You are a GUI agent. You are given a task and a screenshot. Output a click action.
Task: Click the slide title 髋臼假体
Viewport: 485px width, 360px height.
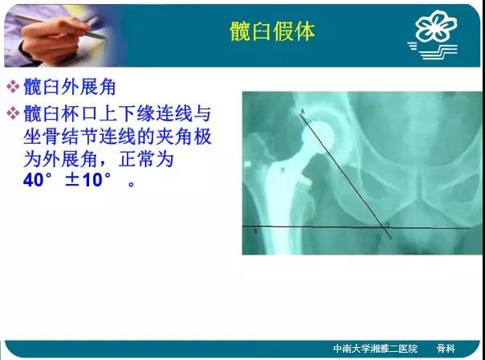pyautogui.click(x=272, y=31)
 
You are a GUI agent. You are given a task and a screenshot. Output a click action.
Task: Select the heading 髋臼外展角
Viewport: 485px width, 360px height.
pyautogui.click(x=70, y=87)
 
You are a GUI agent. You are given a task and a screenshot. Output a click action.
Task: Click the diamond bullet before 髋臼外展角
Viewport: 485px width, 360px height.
pyautogui.click(x=13, y=87)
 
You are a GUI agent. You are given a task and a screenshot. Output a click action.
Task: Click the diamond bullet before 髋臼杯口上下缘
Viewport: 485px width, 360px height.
pyautogui.click(x=13, y=113)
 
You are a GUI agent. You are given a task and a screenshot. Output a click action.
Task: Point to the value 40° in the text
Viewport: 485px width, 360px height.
pyautogui.click(x=38, y=180)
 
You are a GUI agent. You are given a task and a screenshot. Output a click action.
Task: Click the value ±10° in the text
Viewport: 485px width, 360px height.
pyautogui.click(x=88, y=180)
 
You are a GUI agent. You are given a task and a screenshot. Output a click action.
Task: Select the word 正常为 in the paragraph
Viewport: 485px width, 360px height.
pyautogui.click(x=146, y=159)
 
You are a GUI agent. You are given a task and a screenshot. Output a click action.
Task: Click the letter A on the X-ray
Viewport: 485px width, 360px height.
pyautogui.click(x=303, y=111)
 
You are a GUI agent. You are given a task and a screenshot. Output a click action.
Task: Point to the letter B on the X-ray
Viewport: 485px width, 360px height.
pyautogui.click(x=255, y=231)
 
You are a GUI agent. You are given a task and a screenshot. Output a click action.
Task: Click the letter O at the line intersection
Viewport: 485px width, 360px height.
pyautogui.click(x=387, y=225)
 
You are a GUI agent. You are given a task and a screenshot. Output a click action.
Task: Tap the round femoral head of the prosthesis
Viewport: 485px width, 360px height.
pyautogui.click(x=319, y=135)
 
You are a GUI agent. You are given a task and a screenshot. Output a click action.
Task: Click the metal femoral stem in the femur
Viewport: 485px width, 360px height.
pyautogui.click(x=280, y=198)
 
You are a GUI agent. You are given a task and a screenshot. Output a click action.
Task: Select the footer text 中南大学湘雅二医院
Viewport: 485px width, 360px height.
pyautogui.click(x=375, y=349)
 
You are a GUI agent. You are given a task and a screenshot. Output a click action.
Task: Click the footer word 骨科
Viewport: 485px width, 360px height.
pyautogui.click(x=446, y=349)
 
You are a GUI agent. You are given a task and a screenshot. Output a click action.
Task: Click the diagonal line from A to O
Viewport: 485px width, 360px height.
pyautogui.click(x=346, y=176)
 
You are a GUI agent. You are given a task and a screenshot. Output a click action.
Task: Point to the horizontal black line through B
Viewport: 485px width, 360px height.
pyautogui.click(x=357, y=227)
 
